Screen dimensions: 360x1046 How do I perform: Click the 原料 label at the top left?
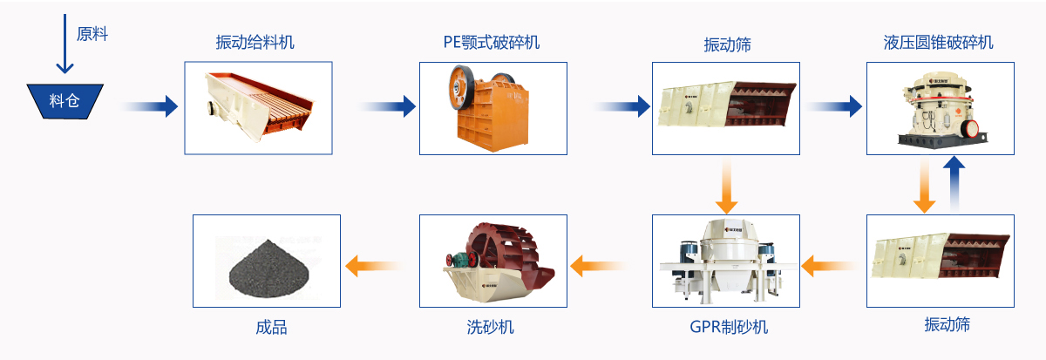coord(92,35)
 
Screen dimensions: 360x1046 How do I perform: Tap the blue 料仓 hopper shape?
coord(65,100)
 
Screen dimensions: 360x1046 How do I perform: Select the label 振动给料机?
coord(255,42)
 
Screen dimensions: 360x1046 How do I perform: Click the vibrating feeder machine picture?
coord(258,107)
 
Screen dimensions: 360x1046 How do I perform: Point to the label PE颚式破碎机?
coord(491,42)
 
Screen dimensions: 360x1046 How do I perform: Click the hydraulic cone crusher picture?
coord(940,107)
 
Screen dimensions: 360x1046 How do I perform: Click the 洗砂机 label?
coord(491,328)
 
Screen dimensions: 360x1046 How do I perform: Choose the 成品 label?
coord(271,328)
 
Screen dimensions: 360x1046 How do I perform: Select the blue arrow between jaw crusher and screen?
coord(622,106)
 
